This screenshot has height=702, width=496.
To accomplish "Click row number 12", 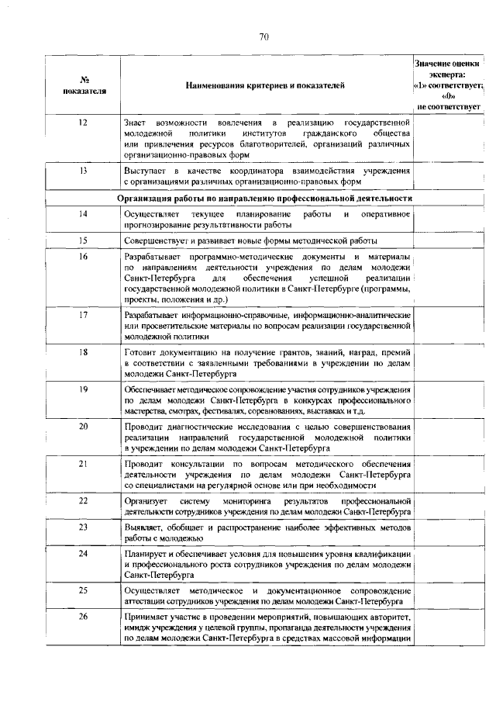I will [82, 123].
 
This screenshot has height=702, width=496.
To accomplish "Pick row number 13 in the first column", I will [82, 170].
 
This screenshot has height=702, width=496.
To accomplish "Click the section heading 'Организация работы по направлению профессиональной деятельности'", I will [264, 198].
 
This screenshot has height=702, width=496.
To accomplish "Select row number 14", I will [82, 213].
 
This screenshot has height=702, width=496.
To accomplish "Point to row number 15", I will [82, 240].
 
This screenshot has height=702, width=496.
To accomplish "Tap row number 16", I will [82, 256].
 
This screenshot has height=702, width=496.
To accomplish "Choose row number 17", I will [82, 316].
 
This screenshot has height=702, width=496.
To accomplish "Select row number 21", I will [82, 463].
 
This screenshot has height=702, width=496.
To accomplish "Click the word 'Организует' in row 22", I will [145, 501].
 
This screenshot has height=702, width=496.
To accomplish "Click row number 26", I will [82, 617].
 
